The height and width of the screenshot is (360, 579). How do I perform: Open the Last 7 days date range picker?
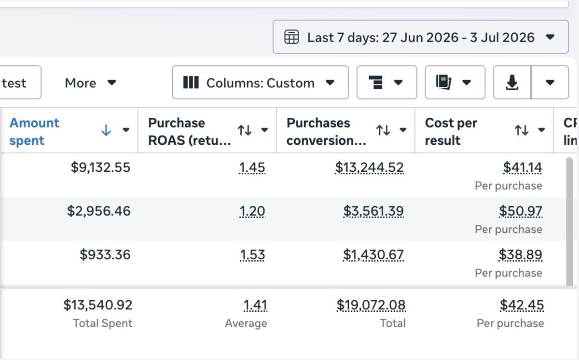(421, 37)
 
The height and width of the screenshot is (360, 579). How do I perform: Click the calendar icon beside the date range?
(291, 37)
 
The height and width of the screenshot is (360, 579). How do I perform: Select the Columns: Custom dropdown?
(260, 83)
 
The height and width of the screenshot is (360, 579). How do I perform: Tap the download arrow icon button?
(512, 83)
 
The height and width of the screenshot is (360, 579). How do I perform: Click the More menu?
(90, 83)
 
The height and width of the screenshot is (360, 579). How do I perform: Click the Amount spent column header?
(34, 132)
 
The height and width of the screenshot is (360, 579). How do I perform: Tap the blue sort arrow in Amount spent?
(106, 130)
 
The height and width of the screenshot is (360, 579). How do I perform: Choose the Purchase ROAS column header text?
(189, 132)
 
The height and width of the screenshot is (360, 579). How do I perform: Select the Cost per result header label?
(451, 132)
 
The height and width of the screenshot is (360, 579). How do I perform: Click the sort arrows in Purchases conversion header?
(383, 130)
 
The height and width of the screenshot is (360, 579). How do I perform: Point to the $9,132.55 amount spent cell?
(100, 167)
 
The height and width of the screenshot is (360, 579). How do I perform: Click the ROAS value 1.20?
(252, 211)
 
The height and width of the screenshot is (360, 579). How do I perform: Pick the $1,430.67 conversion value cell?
(373, 255)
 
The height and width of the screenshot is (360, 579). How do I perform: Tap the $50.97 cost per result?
(521, 211)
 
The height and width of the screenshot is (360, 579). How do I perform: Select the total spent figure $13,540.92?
(97, 305)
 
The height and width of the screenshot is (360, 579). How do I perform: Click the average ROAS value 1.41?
(255, 305)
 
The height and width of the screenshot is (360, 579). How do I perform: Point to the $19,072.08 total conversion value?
(371, 305)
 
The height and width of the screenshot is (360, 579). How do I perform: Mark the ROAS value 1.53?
(252, 255)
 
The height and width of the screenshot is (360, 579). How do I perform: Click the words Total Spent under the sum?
(103, 323)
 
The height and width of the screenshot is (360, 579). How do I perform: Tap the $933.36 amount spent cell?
(105, 255)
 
